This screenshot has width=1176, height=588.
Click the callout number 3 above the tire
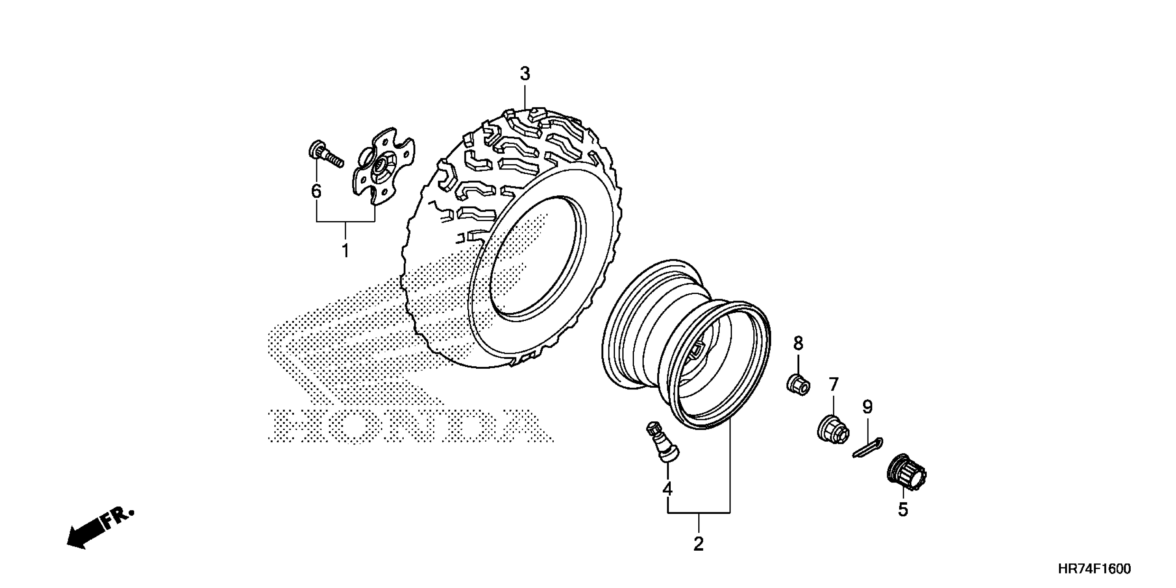(x=525, y=74)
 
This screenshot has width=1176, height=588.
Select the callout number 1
(x=346, y=251)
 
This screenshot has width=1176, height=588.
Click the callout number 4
(x=668, y=489)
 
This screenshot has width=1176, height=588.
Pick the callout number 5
(x=903, y=510)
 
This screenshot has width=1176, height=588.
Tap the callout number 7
(x=834, y=385)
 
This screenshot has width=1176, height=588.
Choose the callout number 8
(x=798, y=343)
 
